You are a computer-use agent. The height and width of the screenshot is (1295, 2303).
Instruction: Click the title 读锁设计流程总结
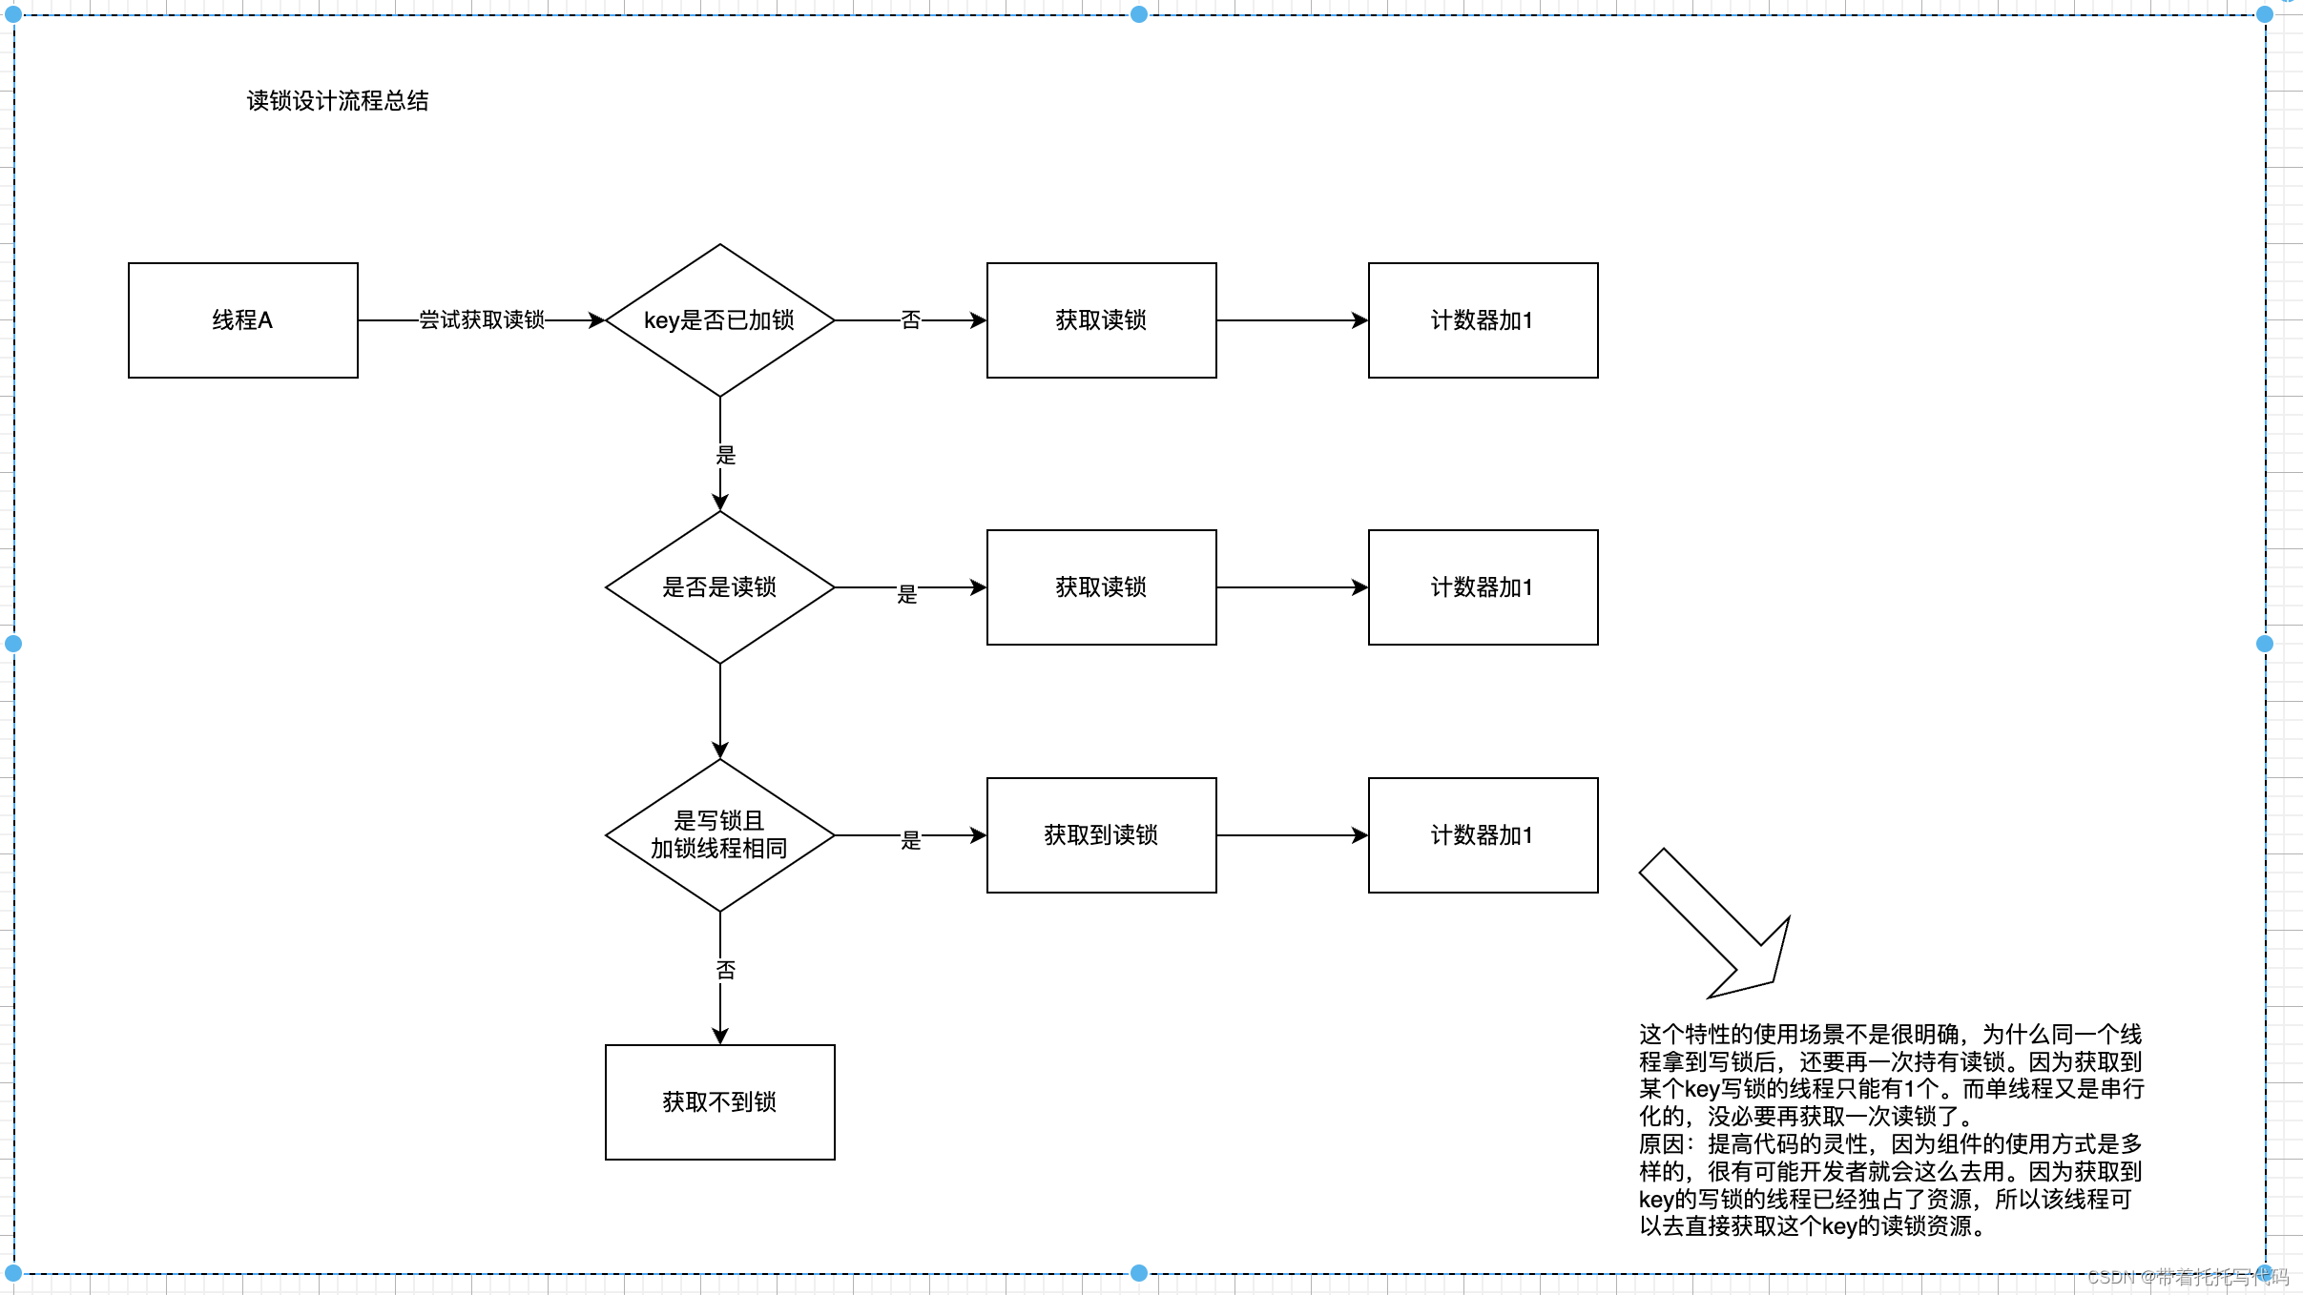click(338, 101)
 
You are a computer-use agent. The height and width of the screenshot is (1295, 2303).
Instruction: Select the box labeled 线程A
click(242, 320)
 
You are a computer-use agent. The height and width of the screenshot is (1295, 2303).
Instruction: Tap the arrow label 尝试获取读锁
click(482, 320)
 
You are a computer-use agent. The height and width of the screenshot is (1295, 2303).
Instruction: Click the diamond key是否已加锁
click(719, 320)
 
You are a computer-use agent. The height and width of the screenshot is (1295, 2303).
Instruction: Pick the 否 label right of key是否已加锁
click(911, 320)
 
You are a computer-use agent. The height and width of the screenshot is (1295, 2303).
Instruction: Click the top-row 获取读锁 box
click(1101, 320)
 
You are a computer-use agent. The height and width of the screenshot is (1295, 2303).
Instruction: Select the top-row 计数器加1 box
click(1483, 320)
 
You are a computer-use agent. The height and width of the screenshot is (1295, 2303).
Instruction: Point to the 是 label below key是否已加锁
click(726, 456)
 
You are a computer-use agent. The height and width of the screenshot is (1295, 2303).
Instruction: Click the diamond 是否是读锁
click(719, 587)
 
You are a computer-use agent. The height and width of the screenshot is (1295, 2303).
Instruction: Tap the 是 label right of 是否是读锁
click(907, 595)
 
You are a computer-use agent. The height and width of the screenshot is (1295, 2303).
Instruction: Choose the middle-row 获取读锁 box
click(1101, 587)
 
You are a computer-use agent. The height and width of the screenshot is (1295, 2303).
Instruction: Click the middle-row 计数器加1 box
click(1483, 587)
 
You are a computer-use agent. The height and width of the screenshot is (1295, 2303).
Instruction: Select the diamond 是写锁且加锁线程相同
click(719, 835)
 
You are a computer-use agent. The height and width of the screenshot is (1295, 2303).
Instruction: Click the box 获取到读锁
click(1101, 835)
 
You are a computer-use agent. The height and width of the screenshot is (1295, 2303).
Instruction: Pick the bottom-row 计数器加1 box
click(1483, 835)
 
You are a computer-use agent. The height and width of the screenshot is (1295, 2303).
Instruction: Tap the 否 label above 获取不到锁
click(726, 971)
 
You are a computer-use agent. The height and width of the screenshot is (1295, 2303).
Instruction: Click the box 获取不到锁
click(719, 1102)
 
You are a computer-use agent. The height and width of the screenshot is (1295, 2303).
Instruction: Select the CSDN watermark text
click(2188, 1277)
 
